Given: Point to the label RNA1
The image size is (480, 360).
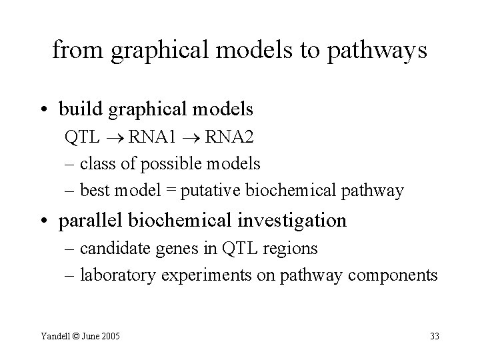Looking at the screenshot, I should (153, 138).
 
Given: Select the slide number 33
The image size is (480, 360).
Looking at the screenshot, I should (434, 336).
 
